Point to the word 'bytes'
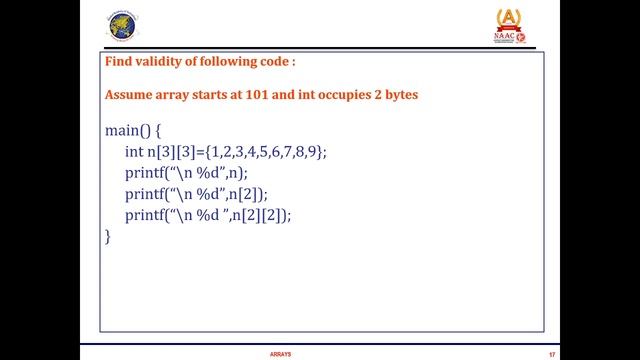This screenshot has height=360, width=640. coord(398,95)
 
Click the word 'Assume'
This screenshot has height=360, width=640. coord(130,95)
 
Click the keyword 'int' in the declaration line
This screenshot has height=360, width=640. coord(134,152)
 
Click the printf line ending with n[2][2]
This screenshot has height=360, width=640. coord(208,215)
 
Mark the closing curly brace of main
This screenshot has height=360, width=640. coord(108,236)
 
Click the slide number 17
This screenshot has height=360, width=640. coord(551,353)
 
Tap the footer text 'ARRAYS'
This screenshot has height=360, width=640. coord(281,353)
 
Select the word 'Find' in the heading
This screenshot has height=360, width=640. coord(118,61)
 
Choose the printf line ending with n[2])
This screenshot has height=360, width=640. coord(196,194)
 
